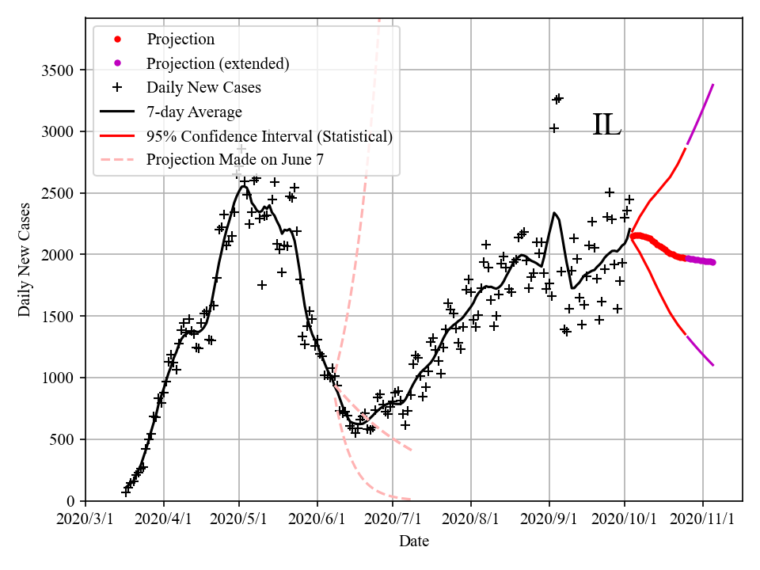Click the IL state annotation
coord(607,125)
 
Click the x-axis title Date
coord(414,541)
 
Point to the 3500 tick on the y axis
coord(57,70)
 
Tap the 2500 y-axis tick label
coord(57,194)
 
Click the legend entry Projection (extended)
coord(218,63)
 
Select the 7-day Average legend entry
coord(194,112)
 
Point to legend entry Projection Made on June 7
coord(235,159)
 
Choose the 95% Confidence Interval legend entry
coord(269,136)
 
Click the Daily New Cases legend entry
coord(203,87)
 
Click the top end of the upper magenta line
coord(713,85)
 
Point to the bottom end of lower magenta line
coord(713,365)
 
